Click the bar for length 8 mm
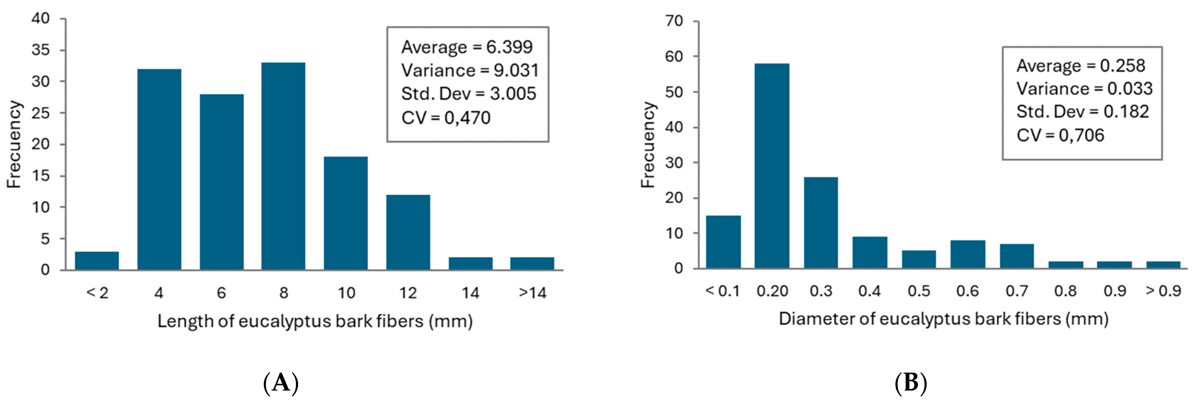(x=283, y=166)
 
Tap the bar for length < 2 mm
(x=97, y=260)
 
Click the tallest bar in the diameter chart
(x=772, y=166)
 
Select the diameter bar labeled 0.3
(x=821, y=222)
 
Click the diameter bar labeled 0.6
(x=967, y=254)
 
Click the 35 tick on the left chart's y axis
(x=40, y=50)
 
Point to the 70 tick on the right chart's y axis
(x=674, y=21)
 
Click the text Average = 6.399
(x=467, y=47)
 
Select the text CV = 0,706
(x=1060, y=135)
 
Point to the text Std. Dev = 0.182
(x=1082, y=112)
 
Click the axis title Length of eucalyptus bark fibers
(x=315, y=321)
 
